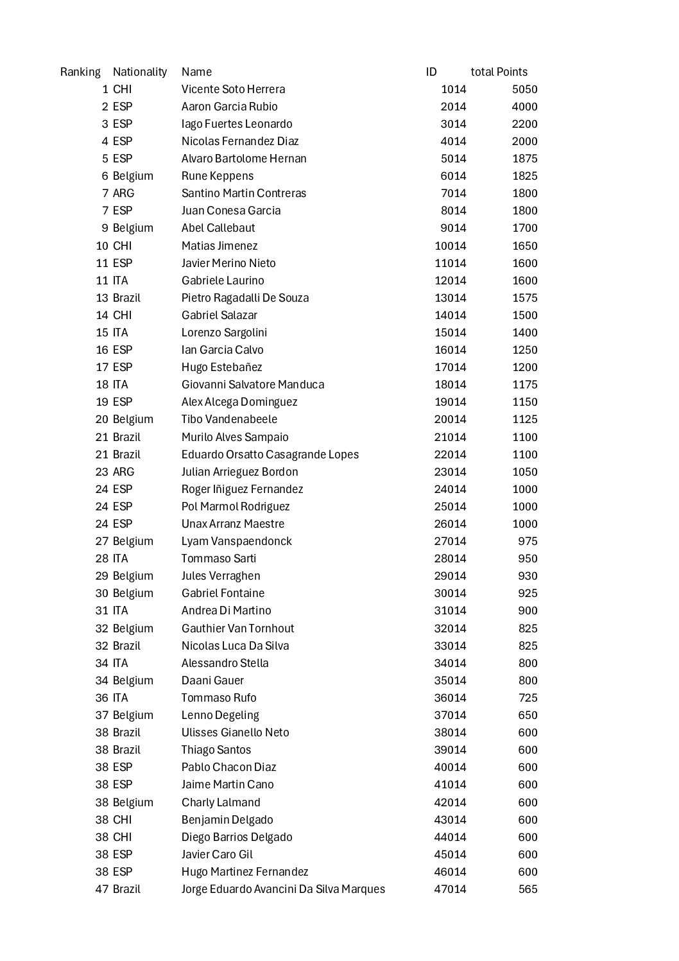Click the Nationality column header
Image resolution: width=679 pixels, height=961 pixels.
pos(139,72)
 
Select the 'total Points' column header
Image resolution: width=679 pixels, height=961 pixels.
pos(499,72)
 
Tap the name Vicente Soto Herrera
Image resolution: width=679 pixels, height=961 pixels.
pos(233,89)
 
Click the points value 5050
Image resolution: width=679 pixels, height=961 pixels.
pos(524,89)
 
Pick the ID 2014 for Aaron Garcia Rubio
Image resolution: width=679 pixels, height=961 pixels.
pos(453,107)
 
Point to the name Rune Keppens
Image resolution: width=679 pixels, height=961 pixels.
pos(217,176)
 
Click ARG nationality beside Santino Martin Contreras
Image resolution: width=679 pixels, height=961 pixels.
pos(123,193)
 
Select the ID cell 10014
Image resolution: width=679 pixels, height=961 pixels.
pos(450,246)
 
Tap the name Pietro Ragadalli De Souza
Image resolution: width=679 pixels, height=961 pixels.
pos(245,298)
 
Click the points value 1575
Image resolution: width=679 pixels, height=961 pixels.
pos(524,298)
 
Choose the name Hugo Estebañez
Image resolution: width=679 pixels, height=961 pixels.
pos(221,367)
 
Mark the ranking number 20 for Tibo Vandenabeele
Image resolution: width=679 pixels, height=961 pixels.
pos(101,419)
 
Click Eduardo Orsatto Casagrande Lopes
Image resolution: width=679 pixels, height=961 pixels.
pos(270,455)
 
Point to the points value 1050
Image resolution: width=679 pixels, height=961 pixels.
pos(524,472)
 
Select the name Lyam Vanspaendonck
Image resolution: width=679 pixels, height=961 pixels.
pos(236,541)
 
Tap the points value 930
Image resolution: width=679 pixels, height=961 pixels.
pos(528,576)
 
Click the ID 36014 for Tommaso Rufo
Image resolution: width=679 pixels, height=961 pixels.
pos(450,698)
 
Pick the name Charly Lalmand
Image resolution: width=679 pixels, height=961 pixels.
pos(221,802)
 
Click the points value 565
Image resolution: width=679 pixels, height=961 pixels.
pos(528,889)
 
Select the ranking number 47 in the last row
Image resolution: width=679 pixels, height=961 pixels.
pos(101,889)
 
